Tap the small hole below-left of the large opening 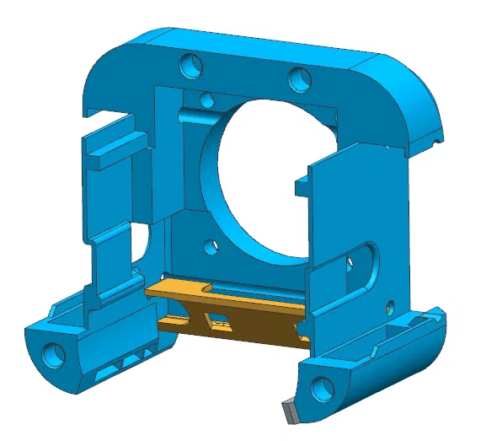pyautogui.click(x=211, y=247)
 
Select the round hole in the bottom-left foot pyautogui.click(x=56, y=351)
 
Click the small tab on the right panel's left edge pyautogui.click(x=302, y=183)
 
